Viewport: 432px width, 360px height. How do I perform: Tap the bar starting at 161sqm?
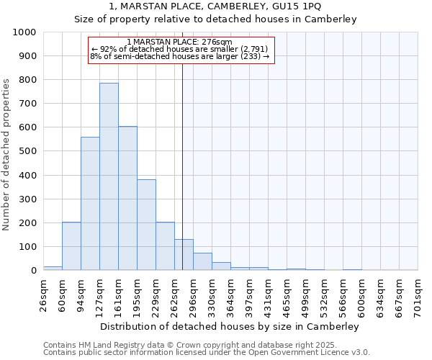click(x=127, y=198)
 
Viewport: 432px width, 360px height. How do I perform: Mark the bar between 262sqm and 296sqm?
click(x=184, y=255)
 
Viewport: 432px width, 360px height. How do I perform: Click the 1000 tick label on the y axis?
click(x=24, y=32)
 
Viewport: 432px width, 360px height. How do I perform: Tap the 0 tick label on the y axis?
click(x=34, y=271)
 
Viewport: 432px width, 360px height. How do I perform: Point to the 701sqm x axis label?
click(x=418, y=294)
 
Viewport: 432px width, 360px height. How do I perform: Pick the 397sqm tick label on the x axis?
click(x=249, y=294)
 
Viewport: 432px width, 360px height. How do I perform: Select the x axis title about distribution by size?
click(x=230, y=326)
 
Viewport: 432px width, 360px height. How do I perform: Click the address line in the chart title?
click(x=215, y=6)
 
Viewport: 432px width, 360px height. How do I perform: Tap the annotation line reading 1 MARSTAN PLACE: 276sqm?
click(x=179, y=42)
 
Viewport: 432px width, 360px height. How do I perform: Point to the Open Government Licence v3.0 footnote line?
click(x=207, y=353)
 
